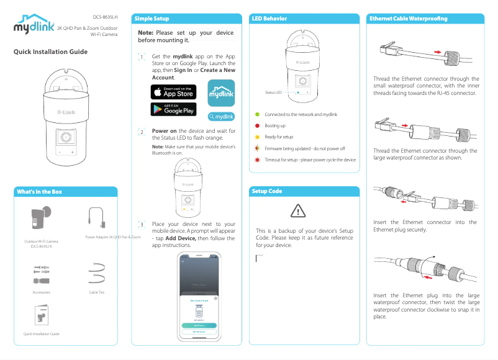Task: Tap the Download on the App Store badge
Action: point(173,92)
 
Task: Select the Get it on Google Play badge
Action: point(173,109)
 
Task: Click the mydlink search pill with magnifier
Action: point(221,116)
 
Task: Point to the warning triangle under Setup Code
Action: point(298,211)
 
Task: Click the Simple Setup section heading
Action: point(152,19)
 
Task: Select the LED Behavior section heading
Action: point(269,19)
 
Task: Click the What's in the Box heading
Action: point(38,192)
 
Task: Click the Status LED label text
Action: point(273,92)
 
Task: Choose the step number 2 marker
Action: point(142,132)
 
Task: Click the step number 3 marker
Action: point(142,224)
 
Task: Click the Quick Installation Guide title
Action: point(50,52)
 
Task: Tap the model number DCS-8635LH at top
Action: point(105,17)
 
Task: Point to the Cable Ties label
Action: point(96,291)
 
